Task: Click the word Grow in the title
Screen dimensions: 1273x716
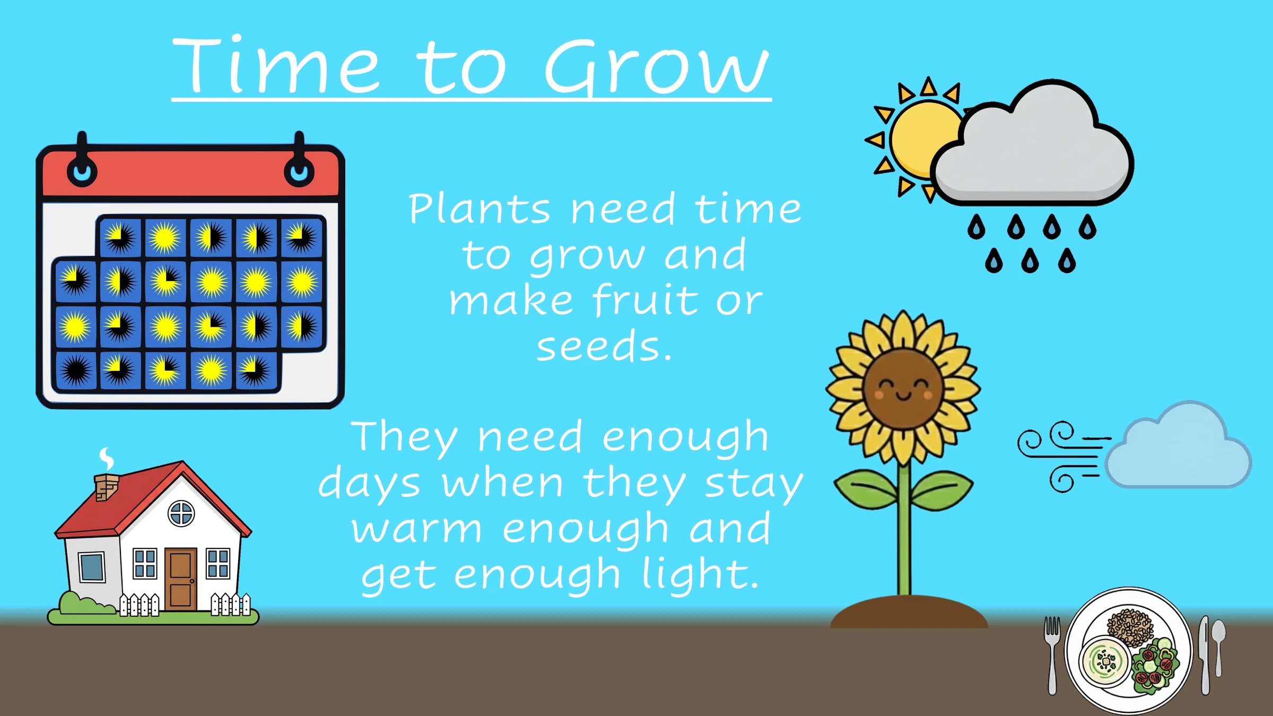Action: pos(657,68)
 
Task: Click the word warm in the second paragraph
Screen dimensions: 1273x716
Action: pos(417,529)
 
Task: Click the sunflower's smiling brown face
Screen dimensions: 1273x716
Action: pos(903,389)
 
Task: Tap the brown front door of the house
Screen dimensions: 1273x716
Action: pos(180,579)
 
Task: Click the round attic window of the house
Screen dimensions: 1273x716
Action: pos(181,513)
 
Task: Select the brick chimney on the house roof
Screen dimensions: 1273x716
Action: pos(106,486)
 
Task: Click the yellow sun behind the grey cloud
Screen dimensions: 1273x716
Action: pos(920,139)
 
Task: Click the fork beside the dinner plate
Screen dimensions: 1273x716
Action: pos(1052,656)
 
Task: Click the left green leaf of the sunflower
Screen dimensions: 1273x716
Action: pos(866,488)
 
